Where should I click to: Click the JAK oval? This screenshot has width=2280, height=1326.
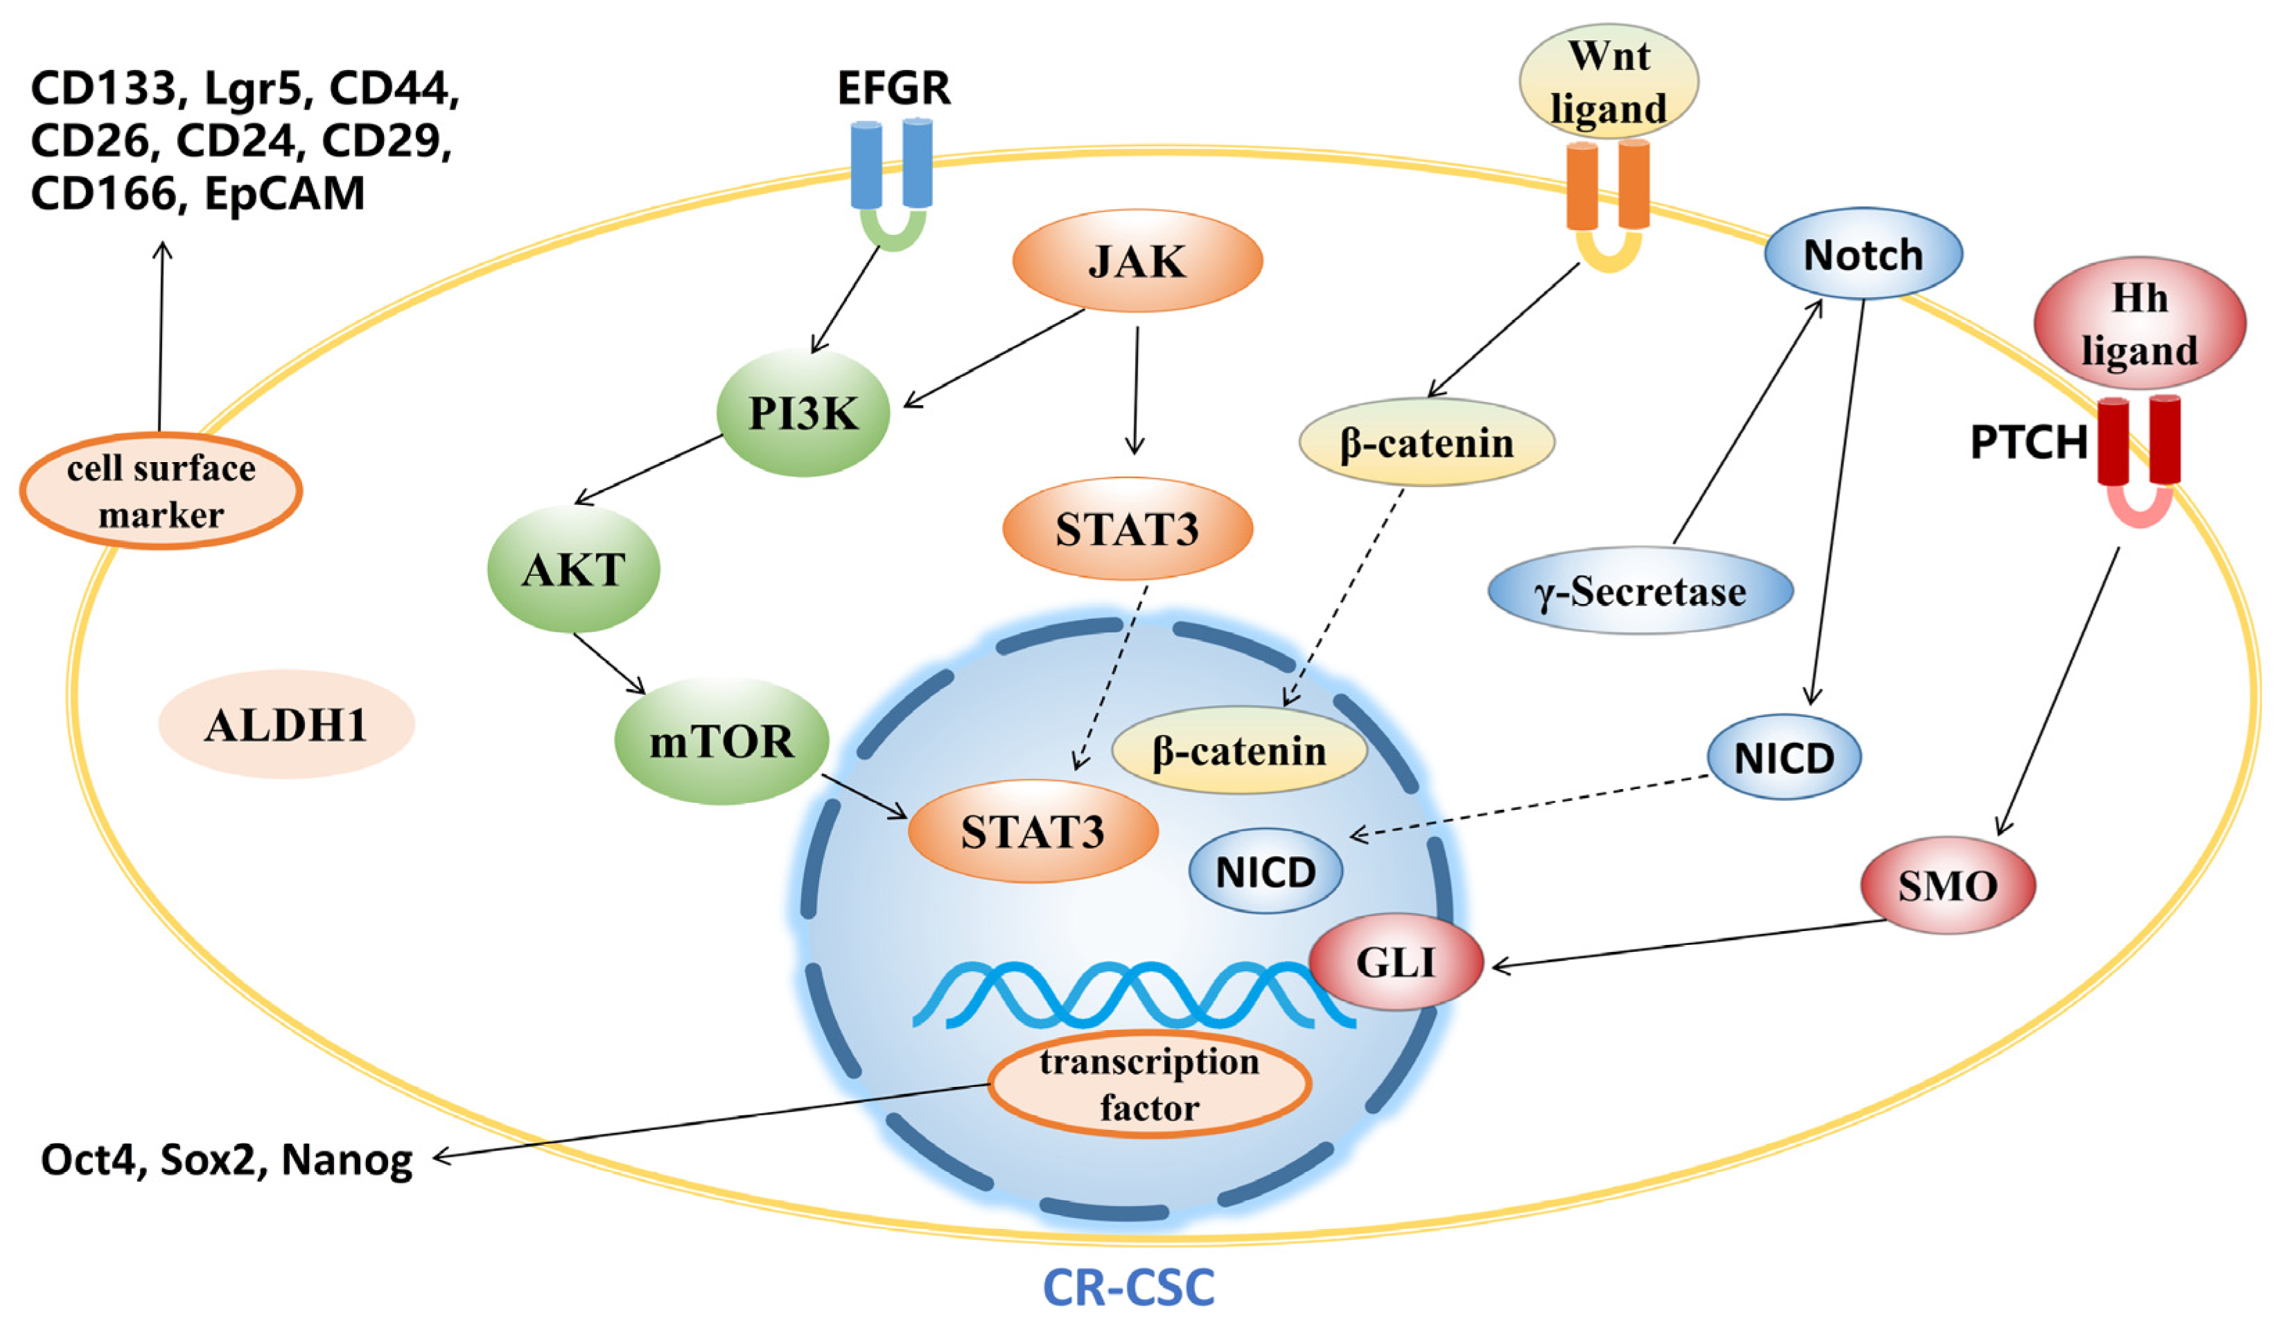click(x=1137, y=260)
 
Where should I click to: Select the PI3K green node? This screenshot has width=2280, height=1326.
click(x=803, y=414)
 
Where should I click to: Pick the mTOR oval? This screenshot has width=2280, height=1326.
click(x=721, y=742)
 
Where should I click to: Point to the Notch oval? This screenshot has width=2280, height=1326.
click(x=1863, y=254)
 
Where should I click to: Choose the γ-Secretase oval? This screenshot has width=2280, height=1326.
click(x=1640, y=592)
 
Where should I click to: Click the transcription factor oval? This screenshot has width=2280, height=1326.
click(x=1149, y=1084)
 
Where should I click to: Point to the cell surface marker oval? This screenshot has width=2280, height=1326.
click(x=161, y=491)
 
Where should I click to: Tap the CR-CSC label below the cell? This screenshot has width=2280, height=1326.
click(x=1128, y=1287)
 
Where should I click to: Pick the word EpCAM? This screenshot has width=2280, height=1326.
click(x=284, y=193)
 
